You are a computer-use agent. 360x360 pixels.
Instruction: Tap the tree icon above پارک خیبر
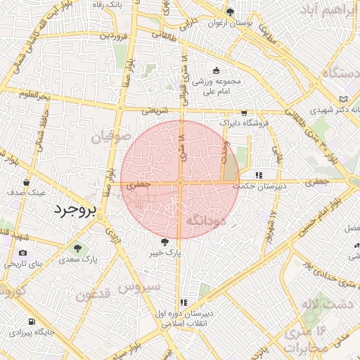(165, 241)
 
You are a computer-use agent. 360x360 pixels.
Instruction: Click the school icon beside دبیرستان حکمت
(259, 175)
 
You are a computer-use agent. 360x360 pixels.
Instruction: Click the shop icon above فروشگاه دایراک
(244, 112)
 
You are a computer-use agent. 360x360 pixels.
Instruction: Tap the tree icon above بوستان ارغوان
(230, 12)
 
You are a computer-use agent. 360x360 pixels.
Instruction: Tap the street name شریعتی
(155, 110)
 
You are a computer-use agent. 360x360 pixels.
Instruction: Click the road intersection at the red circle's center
(181, 183)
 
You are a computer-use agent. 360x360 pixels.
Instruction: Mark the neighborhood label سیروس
(139, 287)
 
